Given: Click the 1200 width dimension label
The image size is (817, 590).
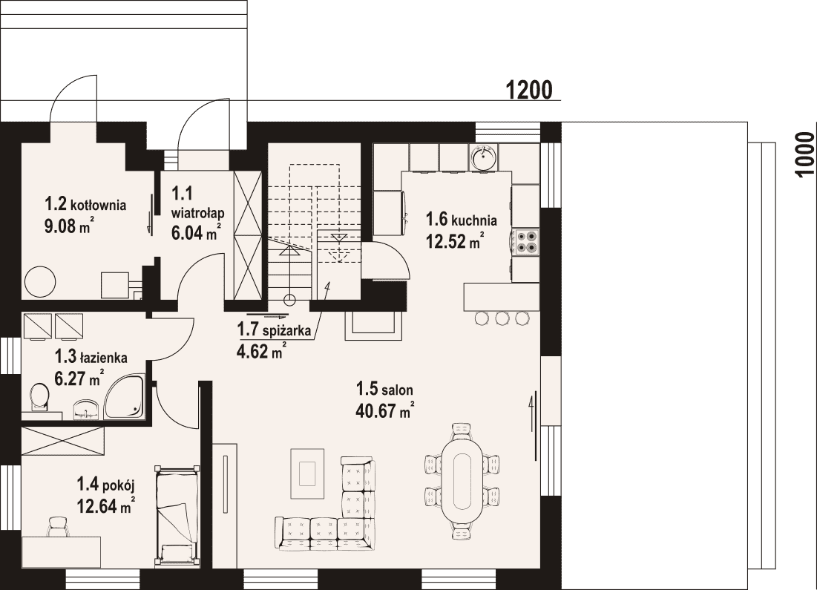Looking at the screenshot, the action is click(529, 90).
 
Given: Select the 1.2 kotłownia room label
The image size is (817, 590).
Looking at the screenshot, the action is click(85, 204).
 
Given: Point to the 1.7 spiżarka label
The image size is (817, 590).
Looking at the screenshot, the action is click(274, 330).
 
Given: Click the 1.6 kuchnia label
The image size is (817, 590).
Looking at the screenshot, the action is click(461, 219).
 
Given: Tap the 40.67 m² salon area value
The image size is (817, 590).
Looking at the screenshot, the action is click(385, 410).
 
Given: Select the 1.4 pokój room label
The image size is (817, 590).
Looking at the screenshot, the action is click(106, 485).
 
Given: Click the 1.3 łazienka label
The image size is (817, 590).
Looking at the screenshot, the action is click(91, 357).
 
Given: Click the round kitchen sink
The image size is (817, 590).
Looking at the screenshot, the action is click(484, 157).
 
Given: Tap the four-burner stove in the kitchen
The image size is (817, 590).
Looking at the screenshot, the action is click(525, 241).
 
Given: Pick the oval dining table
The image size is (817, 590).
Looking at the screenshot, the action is click(462, 481).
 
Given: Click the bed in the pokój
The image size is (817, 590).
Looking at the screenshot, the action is click(177, 515).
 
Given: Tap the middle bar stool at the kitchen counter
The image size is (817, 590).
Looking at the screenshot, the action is click(501, 318).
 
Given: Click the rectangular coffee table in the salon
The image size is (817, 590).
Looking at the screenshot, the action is click(308, 473).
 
